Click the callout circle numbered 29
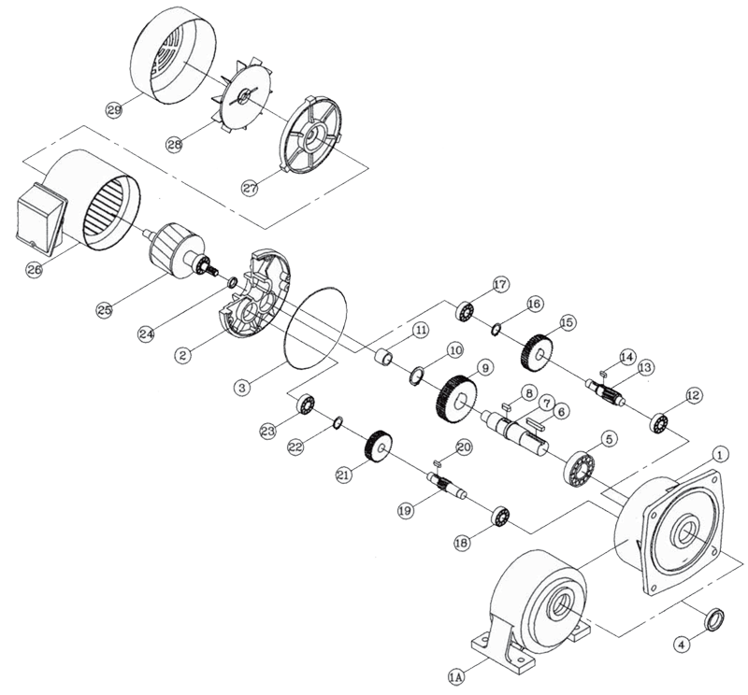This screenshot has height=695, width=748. [115, 110]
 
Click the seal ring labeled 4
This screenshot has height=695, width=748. [712, 618]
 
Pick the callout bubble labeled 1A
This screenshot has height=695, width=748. [457, 670]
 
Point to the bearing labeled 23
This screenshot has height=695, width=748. [305, 405]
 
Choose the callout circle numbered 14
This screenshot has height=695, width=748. [626, 357]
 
